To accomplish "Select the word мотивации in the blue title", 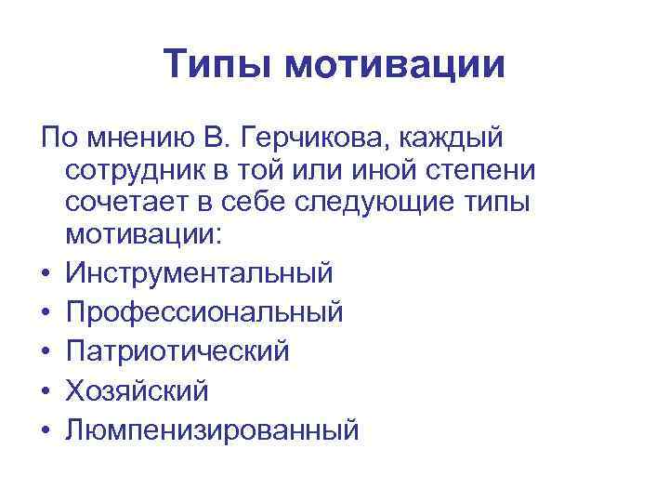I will coord(396,65).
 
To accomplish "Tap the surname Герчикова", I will coord(314,139).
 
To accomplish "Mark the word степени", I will coord(483,173).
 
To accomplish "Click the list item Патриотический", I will coord(177,351).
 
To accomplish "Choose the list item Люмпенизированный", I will coord(212,429).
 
